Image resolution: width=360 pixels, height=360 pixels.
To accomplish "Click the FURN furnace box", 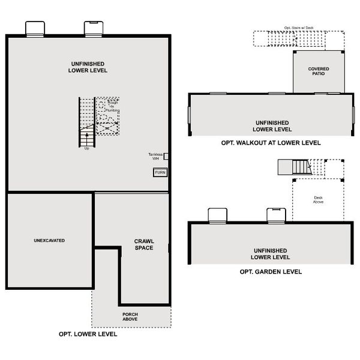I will pos(160,172).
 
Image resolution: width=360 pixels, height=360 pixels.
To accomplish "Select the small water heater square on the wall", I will pos(166,156).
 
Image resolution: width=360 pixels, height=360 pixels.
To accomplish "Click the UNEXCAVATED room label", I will pos(49,241).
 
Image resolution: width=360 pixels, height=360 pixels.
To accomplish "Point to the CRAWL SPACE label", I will pos(144,245).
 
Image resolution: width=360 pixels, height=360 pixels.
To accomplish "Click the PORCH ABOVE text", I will pos(130,316).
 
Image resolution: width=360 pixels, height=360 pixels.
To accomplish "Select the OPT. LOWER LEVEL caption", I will pos(88,334).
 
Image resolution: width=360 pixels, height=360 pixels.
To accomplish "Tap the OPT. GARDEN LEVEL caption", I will pos(270,272).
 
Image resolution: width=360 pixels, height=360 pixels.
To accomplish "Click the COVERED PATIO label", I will pos(319,71).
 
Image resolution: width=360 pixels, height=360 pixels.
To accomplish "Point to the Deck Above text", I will pos(319,200).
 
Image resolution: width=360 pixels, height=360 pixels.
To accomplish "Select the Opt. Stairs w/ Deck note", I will pos(298,28).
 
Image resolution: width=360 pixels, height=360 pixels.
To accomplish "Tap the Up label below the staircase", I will pos(86,148).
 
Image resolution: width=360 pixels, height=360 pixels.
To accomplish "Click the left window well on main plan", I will pos(35,28).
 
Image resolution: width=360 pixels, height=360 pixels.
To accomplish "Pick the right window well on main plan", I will pos(94,28).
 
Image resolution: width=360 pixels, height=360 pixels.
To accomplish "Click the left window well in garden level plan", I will pos(217,215).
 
